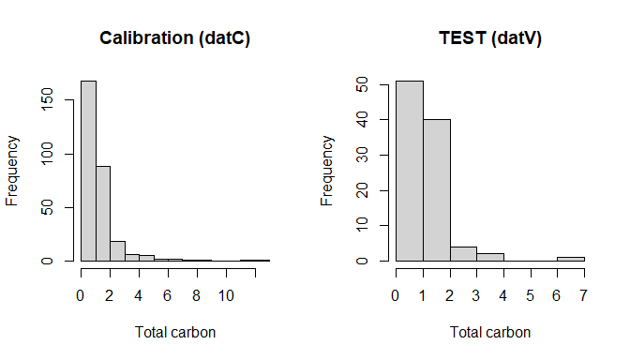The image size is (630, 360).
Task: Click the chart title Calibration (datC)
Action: point(175,38)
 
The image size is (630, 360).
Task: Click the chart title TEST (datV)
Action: point(490,38)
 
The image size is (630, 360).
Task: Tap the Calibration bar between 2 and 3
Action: point(117,251)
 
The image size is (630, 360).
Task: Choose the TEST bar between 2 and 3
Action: point(462,254)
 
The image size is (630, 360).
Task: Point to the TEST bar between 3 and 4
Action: point(489,257)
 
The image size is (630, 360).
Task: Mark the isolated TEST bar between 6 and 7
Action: point(570,259)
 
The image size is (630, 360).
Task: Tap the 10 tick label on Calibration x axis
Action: point(226,294)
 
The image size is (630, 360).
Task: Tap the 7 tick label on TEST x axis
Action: point(583,294)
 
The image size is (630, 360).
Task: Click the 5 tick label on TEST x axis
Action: point(530,294)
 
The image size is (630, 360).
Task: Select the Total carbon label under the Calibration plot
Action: point(175,332)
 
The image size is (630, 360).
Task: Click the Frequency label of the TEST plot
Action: point(328,171)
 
